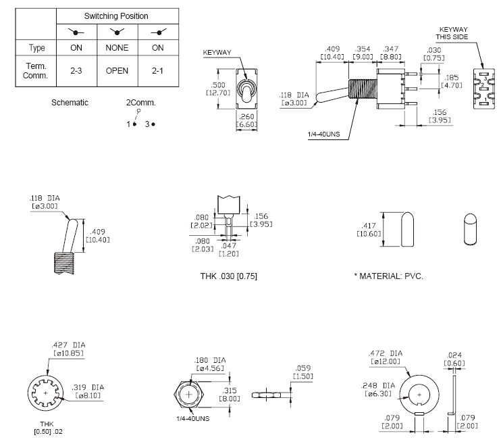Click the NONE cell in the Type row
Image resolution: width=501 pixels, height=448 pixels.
click(x=117, y=48)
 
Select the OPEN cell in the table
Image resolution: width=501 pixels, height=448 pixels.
click(x=117, y=71)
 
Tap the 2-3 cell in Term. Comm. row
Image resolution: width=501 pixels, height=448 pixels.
click(x=76, y=71)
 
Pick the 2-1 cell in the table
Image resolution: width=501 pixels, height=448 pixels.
click(x=158, y=71)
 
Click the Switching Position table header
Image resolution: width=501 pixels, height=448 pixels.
click(x=116, y=16)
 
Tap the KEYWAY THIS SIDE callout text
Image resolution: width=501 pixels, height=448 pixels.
click(x=454, y=34)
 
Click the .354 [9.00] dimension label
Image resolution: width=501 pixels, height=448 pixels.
click(x=363, y=52)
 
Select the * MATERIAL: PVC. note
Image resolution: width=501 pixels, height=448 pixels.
click(x=388, y=277)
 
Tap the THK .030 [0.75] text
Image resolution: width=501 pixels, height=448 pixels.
click(x=228, y=277)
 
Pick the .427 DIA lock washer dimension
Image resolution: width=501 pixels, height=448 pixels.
click(x=68, y=349)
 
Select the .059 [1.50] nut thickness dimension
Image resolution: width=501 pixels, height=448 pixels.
click(x=303, y=372)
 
